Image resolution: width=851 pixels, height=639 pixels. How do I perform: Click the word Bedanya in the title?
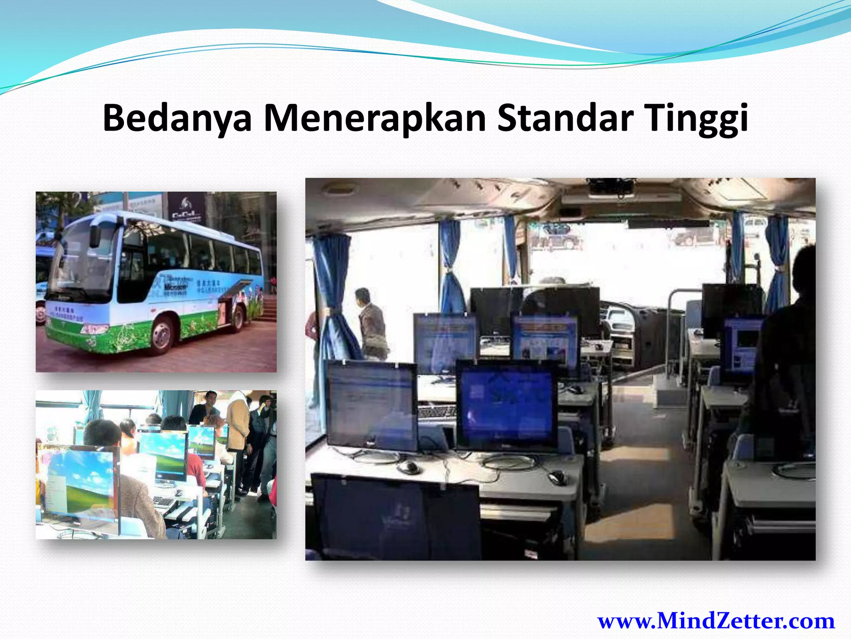[177, 119]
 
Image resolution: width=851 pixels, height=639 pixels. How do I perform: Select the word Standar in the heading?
[565, 119]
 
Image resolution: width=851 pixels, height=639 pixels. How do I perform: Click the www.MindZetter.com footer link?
[716, 621]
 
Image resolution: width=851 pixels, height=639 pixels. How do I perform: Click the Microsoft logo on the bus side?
[175, 287]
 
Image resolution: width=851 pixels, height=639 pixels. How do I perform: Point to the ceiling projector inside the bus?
[611, 187]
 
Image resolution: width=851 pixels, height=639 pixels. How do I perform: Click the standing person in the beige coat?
[238, 420]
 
